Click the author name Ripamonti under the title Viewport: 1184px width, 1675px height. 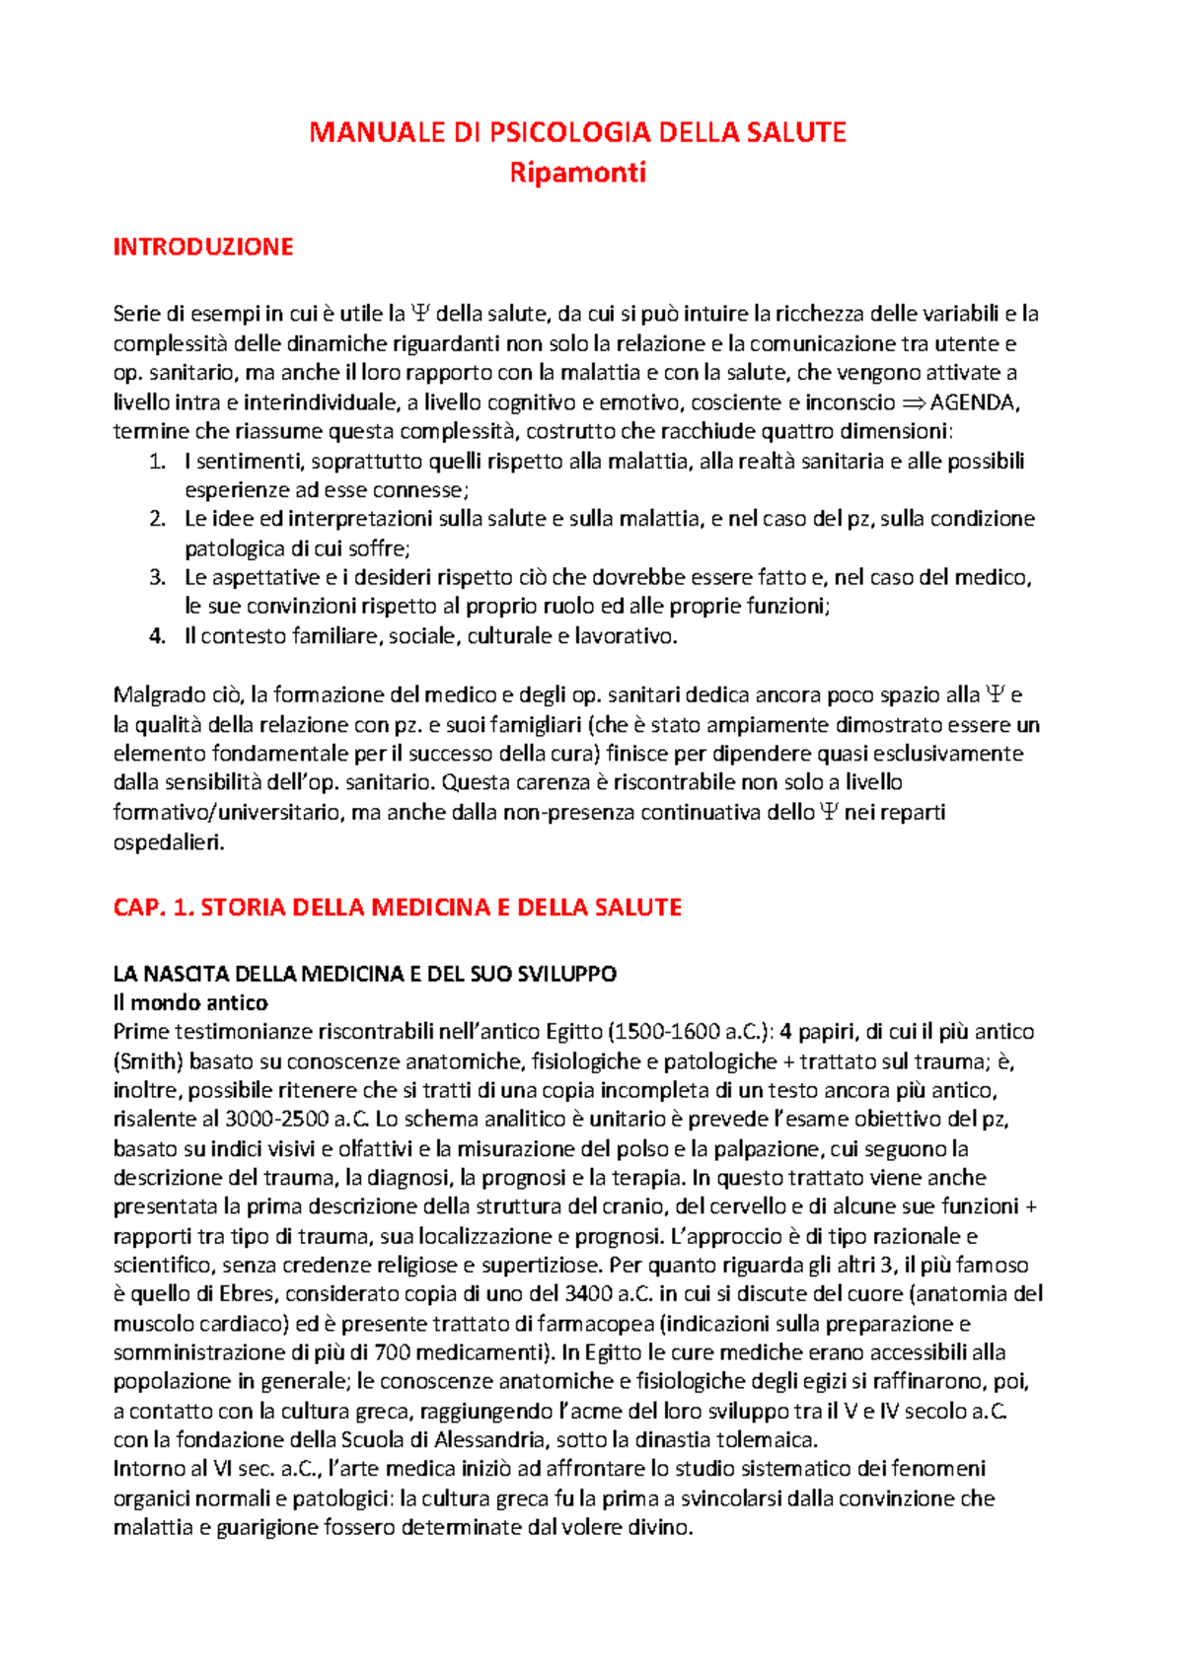[x=577, y=173]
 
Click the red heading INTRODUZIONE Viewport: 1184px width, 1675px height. [x=203, y=247]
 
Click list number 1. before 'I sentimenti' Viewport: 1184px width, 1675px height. [x=157, y=462]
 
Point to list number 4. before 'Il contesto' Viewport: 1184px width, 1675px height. [x=157, y=636]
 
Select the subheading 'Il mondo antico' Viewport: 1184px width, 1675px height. [x=190, y=1003]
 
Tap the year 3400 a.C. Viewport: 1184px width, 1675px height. [x=609, y=1294]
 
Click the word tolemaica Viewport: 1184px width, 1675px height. [x=767, y=1439]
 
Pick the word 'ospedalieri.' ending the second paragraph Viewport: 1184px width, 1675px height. [x=169, y=843]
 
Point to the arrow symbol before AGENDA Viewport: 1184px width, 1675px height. [x=915, y=402]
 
